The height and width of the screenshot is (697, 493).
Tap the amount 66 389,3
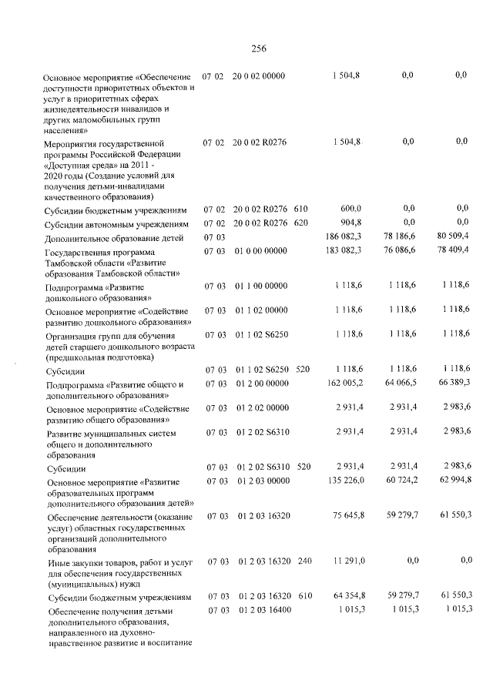tap(452, 383)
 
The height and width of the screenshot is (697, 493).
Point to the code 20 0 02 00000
tap(259, 75)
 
